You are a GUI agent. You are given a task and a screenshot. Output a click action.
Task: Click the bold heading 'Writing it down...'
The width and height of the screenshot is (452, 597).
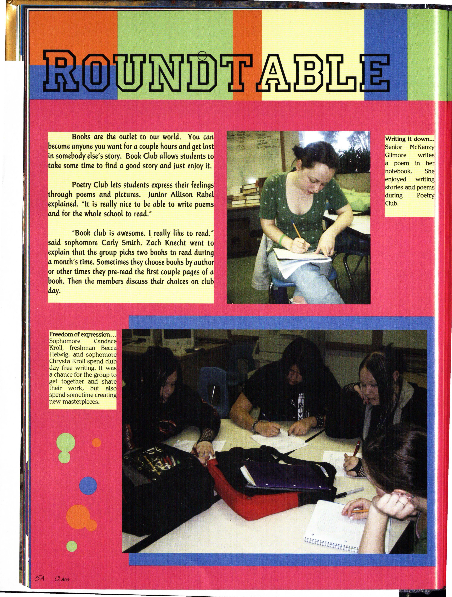[409, 139]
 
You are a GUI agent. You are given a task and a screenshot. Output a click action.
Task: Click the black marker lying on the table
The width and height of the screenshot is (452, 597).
[351, 492]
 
